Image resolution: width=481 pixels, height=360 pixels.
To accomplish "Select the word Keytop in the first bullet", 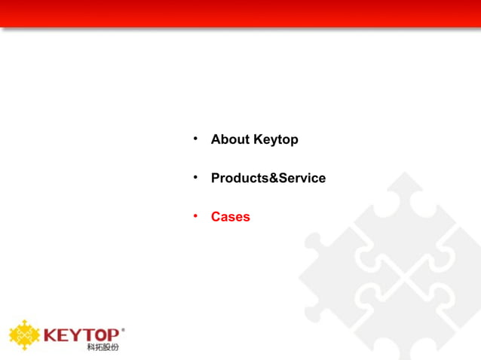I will click(x=276, y=140).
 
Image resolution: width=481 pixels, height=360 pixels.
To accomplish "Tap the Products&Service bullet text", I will click(x=268, y=178).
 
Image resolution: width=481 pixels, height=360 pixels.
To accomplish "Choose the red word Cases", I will click(x=230, y=217).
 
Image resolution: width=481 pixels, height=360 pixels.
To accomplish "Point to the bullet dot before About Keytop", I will click(x=195, y=139).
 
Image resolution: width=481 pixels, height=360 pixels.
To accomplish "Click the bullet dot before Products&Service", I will click(x=195, y=177).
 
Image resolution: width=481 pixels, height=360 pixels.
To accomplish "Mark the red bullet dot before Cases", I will click(x=195, y=215).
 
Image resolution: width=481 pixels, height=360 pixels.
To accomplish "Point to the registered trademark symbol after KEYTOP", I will click(x=123, y=329).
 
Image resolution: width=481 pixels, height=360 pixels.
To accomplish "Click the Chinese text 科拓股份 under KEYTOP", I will click(x=103, y=347).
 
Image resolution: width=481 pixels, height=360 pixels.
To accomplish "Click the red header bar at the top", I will click(x=240, y=13).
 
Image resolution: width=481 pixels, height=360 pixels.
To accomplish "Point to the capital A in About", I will click(x=216, y=140).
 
